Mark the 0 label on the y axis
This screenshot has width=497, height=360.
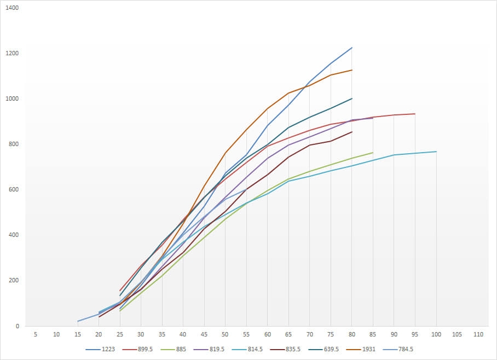tap(17, 326)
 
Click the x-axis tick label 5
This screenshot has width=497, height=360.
tap(35, 334)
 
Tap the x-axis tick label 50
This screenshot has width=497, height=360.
tap(225, 334)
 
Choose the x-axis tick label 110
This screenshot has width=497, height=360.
tap(478, 334)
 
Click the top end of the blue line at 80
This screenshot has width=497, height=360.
tap(352, 48)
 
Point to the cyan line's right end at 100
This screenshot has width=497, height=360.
tap(436, 152)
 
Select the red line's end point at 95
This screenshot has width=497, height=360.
tap(415, 114)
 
